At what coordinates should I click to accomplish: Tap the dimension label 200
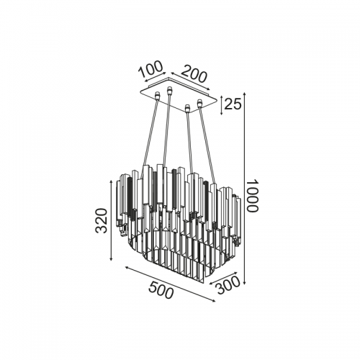coord(194,73)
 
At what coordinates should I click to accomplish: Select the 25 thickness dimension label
coord(233,104)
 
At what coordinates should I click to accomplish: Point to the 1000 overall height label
coord(253,196)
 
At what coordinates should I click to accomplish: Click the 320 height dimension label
coord(101,220)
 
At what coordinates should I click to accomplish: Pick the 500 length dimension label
coord(161,290)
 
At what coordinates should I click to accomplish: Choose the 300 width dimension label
coord(228,285)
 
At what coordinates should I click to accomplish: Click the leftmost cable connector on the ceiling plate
coord(158,95)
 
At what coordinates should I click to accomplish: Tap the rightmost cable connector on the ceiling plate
coord(199,103)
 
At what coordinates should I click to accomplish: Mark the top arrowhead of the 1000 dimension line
coord(244,94)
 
